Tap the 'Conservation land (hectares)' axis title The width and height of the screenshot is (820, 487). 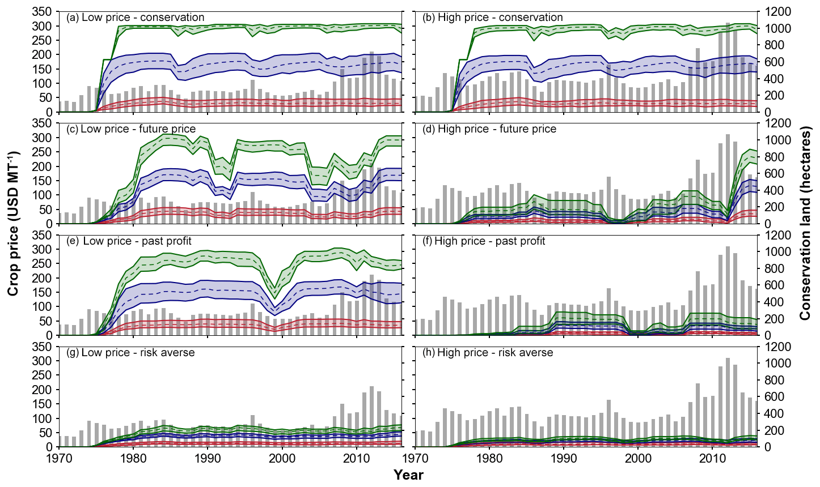click(805, 223)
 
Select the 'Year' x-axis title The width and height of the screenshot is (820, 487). click(408, 475)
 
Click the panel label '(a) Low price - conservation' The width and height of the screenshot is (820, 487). click(135, 18)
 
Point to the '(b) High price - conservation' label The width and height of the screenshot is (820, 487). click(493, 18)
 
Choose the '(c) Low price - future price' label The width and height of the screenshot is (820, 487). click(138, 129)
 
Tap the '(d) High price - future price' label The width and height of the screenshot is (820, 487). click(489, 129)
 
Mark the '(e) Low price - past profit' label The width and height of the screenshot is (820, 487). click(137, 241)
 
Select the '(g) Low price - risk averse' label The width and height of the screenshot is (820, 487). click(130, 353)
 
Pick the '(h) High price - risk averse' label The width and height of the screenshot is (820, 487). click(488, 353)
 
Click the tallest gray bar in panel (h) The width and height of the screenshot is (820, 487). click(728, 402)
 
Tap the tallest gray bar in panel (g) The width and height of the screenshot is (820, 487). click(371, 416)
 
